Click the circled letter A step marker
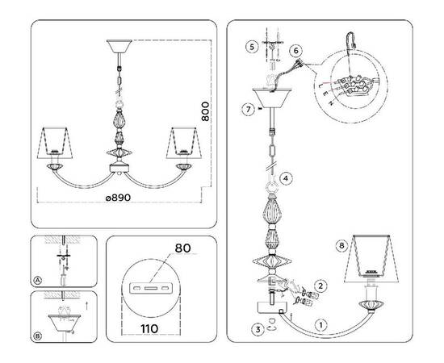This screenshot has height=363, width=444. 38,280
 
